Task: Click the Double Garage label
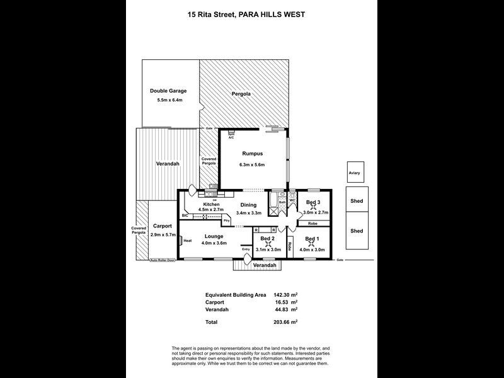(x=168, y=91)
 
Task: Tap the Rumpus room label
(x=251, y=153)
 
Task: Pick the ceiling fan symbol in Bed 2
(x=266, y=246)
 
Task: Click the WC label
(x=292, y=201)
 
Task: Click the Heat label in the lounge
(x=188, y=240)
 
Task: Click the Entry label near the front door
(x=246, y=249)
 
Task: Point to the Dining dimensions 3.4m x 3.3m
(x=247, y=214)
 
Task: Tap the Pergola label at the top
(x=240, y=94)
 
